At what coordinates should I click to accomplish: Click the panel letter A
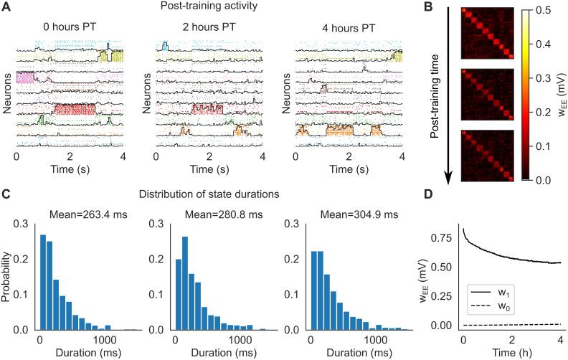coord(6,8)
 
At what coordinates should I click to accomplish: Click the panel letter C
coord(6,194)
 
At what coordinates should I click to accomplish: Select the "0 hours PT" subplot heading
coord(69,27)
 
